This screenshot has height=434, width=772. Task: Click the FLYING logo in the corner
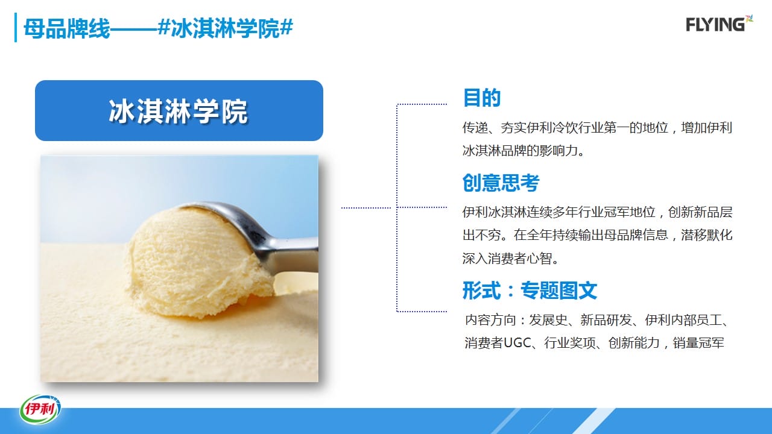tap(719, 24)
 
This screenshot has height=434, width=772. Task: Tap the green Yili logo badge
tap(40, 409)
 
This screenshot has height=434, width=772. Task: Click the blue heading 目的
tap(481, 98)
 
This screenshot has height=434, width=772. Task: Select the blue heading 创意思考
tap(501, 183)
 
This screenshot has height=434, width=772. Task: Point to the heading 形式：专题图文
tap(530, 291)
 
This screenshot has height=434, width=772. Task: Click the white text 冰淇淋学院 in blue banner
tap(179, 112)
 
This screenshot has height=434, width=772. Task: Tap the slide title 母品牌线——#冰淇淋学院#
tap(158, 28)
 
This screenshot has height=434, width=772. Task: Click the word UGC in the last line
tap(517, 343)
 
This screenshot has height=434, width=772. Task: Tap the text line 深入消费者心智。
tap(510, 259)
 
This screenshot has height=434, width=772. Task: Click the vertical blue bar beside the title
tap(16, 28)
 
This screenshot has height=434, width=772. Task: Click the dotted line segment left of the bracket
tap(366, 208)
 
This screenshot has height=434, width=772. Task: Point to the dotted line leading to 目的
tap(422, 104)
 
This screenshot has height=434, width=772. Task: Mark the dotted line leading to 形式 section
tap(422, 312)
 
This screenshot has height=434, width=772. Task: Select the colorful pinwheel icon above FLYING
tap(749, 18)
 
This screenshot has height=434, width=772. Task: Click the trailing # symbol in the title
tap(286, 28)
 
